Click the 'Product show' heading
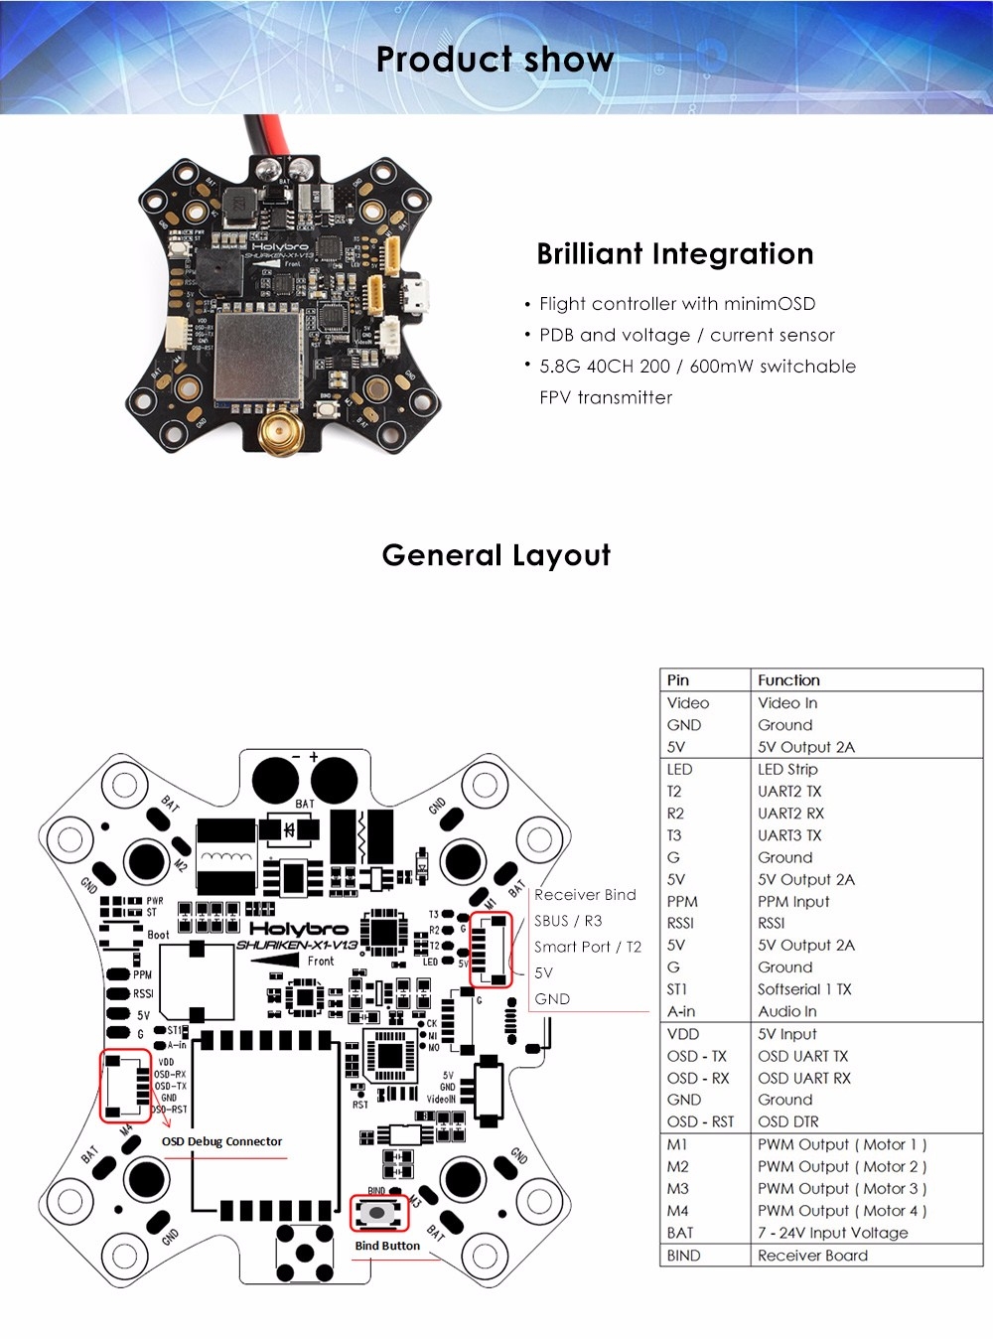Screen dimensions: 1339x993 click(x=495, y=60)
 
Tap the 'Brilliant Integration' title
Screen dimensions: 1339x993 click(x=674, y=254)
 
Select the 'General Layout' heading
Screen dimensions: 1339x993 click(x=496, y=555)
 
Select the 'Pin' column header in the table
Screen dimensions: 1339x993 click(x=678, y=680)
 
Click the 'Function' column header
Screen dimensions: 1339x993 click(x=788, y=680)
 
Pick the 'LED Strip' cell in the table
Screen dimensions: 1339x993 click(x=787, y=769)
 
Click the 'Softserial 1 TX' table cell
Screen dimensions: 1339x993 click(x=804, y=989)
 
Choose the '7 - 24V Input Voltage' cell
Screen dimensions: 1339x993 click(x=832, y=1233)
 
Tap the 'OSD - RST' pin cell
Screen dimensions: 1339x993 click(x=700, y=1121)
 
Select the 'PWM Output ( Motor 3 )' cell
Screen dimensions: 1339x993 click(x=841, y=1188)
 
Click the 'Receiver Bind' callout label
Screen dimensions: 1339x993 click(x=585, y=895)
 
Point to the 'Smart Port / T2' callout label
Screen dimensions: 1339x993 click(x=588, y=947)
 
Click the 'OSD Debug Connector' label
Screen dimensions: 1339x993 click(x=221, y=1141)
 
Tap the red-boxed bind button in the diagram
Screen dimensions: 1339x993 click(x=379, y=1213)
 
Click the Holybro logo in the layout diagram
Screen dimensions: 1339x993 click(x=298, y=929)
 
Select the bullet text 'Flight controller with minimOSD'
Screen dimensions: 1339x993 click(x=676, y=304)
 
